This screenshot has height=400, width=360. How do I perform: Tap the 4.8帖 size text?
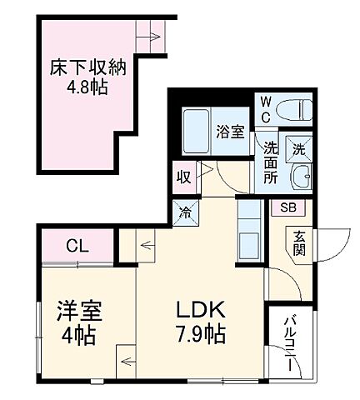click(x=82, y=86)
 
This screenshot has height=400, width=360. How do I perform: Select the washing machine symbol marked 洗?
click(x=299, y=150)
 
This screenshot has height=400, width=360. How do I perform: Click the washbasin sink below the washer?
click(x=301, y=177)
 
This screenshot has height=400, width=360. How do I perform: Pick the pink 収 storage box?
click(x=182, y=177)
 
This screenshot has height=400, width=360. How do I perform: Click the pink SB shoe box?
click(x=287, y=207)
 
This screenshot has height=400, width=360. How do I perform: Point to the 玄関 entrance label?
click(x=297, y=243)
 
